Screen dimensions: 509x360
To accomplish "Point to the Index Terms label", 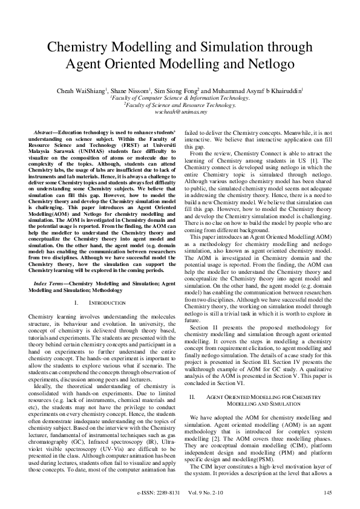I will (48, 283).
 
